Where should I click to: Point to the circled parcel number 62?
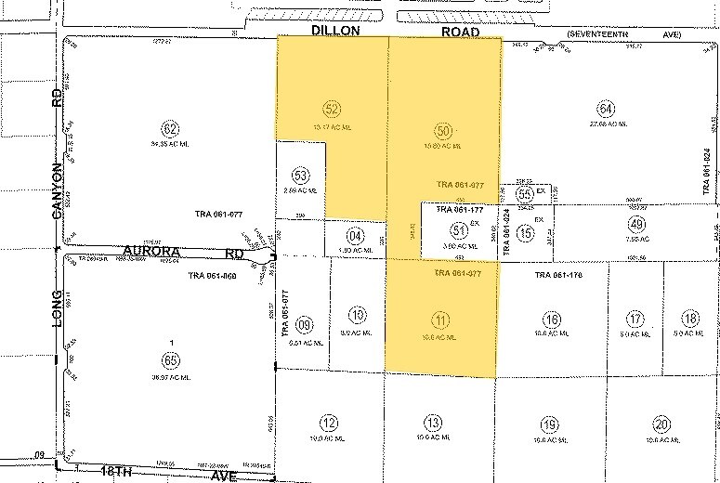click(169, 129)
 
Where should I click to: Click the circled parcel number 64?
click(607, 106)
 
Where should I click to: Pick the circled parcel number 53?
click(300, 175)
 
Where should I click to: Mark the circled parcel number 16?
click(553, 320)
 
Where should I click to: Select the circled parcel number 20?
click(661, 424)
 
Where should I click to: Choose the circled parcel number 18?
click(688, 320)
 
